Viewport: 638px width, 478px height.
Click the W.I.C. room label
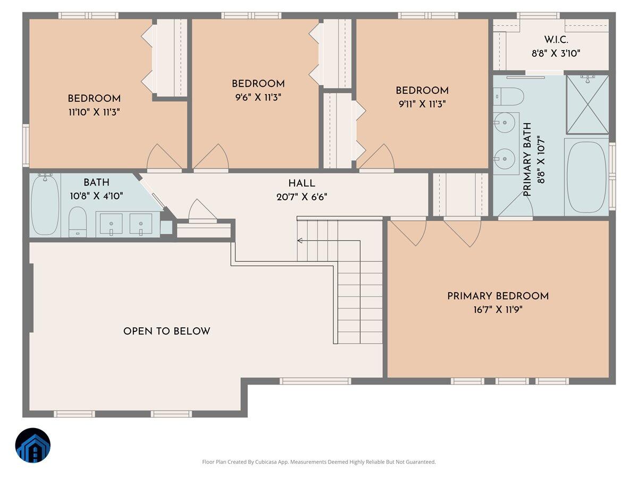click(556, 40)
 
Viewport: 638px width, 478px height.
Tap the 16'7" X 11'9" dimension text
click(498, 310)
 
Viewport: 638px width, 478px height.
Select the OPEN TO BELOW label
click(166, 331)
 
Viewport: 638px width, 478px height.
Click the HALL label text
click(301, 183)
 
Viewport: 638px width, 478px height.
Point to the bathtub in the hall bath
click(45, 205)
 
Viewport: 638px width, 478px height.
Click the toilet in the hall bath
click(78, 221)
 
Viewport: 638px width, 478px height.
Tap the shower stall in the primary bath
click(587, 105)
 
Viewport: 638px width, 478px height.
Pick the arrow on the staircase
click(300, 241)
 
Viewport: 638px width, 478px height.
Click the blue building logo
click(33, 445)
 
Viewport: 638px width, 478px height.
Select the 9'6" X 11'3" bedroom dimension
click(258, 97)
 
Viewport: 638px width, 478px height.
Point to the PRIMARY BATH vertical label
click(527, 159)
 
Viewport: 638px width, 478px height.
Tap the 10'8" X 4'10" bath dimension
click(96, 195)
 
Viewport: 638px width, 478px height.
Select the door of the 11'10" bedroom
click(163, 158)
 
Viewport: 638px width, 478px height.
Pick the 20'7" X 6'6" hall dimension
click(301, 196)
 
